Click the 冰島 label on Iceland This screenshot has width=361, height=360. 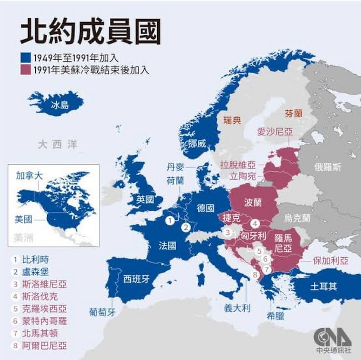point(60,105)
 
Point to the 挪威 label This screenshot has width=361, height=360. point(197,144)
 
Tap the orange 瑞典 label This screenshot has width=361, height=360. point(232,121)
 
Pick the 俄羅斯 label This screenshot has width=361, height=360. point(328,167)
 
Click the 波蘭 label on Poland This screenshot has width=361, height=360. point(253,202)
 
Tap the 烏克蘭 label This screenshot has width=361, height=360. point(297,218)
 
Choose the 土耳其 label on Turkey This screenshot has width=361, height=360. point(323,287)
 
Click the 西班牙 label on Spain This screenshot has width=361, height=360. point(137,279)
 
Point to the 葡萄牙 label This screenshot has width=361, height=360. point(102,312)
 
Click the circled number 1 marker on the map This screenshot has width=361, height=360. point(170,220)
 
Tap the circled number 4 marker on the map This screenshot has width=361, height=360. point(255,224)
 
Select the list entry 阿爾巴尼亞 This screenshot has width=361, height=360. point(44,346)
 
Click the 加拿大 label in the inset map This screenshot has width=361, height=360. point(29,176)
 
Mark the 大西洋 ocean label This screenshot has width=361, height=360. point(57,145)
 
